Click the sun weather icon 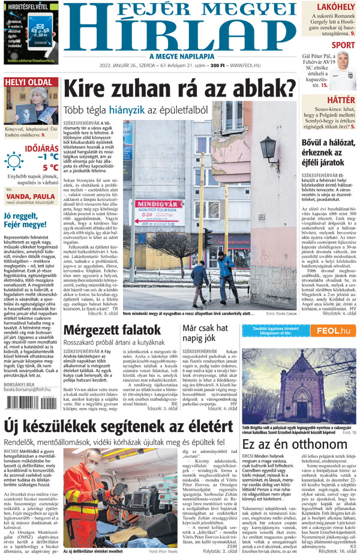point(13,161)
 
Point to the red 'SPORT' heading point(343,45)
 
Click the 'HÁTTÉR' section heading point(341,99)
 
